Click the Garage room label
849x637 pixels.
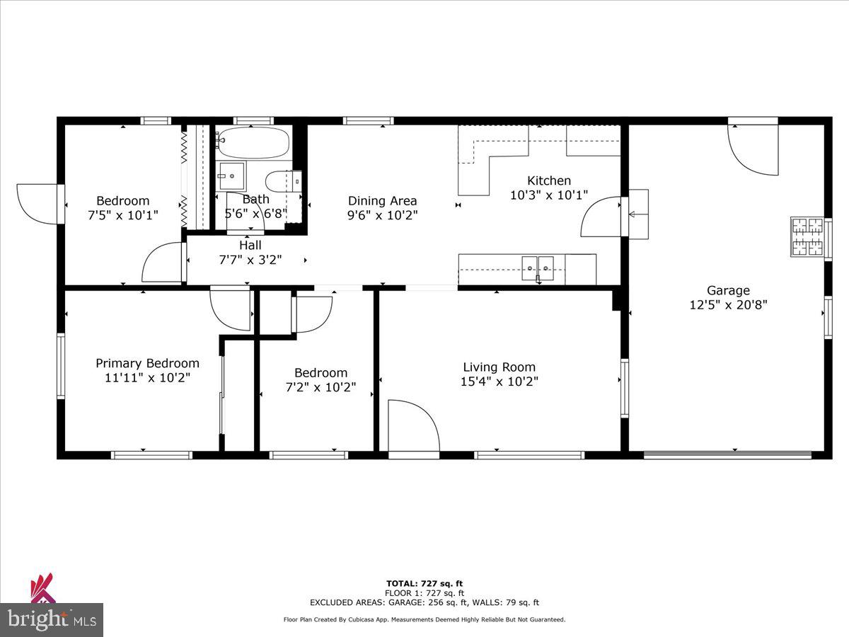[728, 290]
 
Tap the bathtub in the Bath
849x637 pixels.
[253, 143]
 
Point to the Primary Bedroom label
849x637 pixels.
[147, 363]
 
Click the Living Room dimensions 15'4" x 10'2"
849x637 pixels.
[499, 381]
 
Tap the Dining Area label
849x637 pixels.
[382, 200]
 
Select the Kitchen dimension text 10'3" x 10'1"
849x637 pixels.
[548, 195]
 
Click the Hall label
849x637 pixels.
[250, 245]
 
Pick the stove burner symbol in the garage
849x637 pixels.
[807, 236]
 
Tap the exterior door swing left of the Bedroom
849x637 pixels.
[37, 202]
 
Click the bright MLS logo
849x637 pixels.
[51, 619]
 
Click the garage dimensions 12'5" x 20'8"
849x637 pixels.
[728, 305]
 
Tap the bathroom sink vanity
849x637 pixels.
[231, 176]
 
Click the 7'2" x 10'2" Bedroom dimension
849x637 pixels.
[320, 387]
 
